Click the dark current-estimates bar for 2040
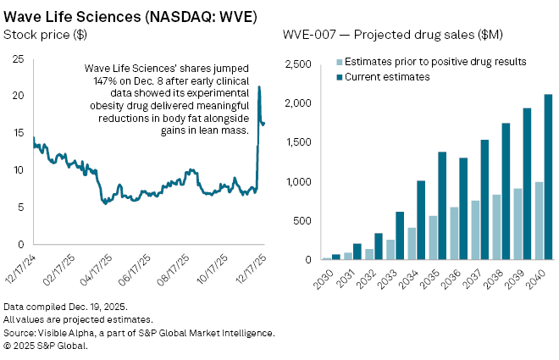[x=549, y=177]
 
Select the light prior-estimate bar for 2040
[x=539, y=221]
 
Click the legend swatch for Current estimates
[x=340, y=77]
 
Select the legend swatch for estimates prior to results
[x=340, y=63]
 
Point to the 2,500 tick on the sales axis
[x=298, y=64]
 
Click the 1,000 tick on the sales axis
[x=298, y=182]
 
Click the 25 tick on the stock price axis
[x=18, y=58]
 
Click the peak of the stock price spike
[x=259, y=86]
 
